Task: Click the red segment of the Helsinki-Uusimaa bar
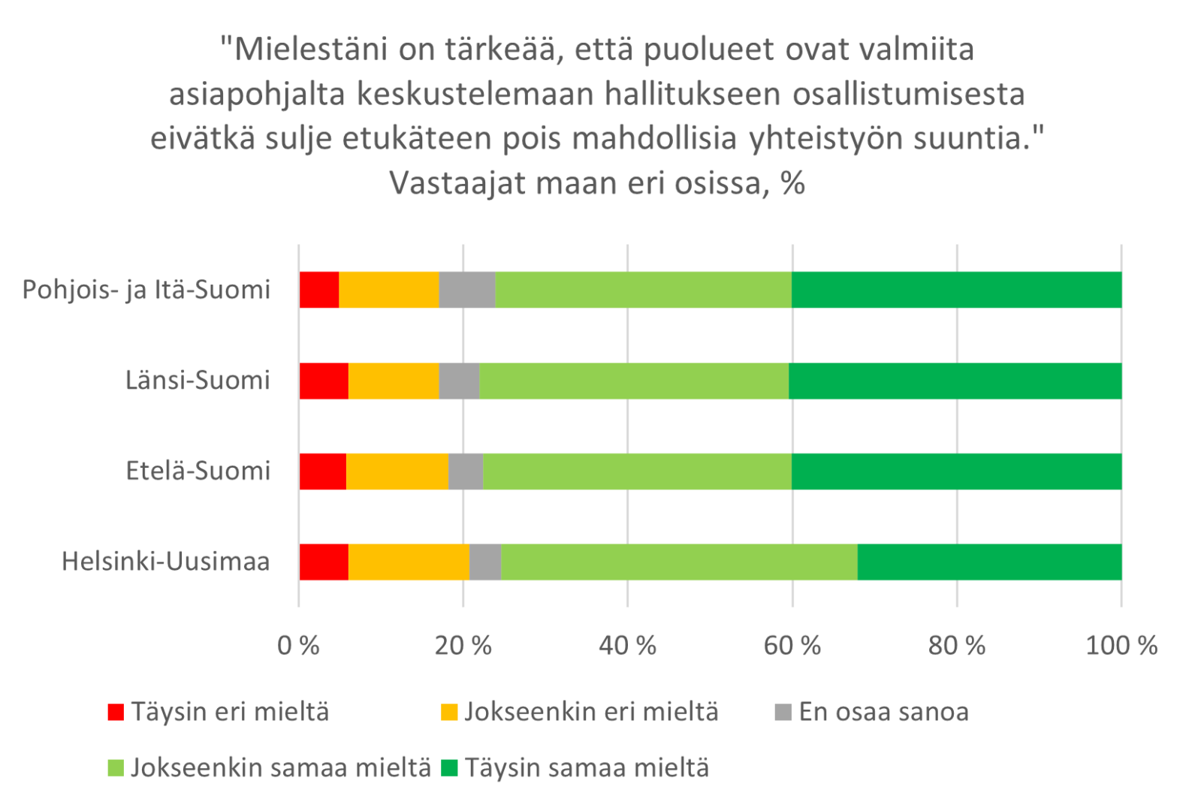coord(324,562)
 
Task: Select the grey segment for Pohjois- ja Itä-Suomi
coord(466,290)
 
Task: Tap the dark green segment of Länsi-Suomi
coord(955,381)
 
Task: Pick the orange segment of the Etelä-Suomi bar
coord(397,472)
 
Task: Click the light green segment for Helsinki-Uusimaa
coord(679,562)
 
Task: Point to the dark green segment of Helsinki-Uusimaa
coord(989,562)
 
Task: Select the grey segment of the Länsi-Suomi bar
coord(458,381)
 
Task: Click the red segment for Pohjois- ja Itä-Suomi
coord(319,290)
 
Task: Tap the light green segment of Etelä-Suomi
coord(637,472)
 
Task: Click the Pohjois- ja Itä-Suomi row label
coord(146,290)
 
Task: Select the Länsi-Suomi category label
coord(198,381)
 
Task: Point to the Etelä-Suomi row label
coord(198,472)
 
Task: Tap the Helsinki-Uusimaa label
coord(165,562)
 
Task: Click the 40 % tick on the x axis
coord(627,646)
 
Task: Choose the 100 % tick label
coord(1121,646)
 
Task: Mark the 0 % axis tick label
coord(298,646)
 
